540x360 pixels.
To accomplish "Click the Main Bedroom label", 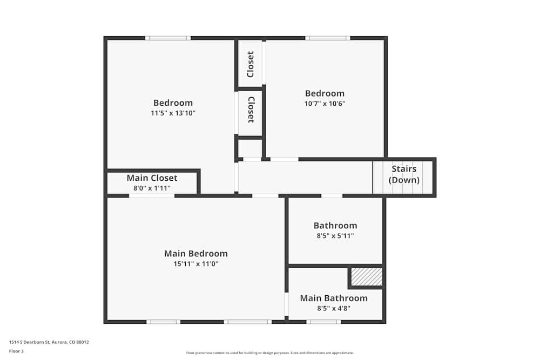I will [195, 254].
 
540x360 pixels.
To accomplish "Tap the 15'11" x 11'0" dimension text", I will [195, 264].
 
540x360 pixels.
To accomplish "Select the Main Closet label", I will [152, 178].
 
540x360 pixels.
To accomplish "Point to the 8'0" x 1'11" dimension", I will [152, 188].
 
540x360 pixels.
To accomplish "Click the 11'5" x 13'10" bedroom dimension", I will [173, 113].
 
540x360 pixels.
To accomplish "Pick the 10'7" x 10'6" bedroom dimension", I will [325, 104].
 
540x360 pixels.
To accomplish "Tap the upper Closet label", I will [251, 64].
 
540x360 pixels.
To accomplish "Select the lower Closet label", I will [251, 110].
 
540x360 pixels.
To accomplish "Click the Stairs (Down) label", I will [404, 175].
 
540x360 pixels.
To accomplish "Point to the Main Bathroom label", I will [334, 298].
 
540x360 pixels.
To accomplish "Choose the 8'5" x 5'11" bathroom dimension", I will [335, 236].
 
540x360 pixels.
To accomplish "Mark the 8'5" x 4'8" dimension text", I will [334, 309].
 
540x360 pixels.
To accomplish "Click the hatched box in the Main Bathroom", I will [367, 277].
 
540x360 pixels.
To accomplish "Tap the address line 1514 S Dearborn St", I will [49, 342].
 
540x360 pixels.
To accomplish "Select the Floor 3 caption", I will [16, 351].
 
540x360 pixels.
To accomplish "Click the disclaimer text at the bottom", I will [269, 353].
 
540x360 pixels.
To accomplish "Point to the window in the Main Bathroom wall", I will [323, 322].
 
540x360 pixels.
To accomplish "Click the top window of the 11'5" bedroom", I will [167, 38].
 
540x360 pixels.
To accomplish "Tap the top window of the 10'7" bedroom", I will [327, 38].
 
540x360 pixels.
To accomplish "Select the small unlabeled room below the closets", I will [250, 148].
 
